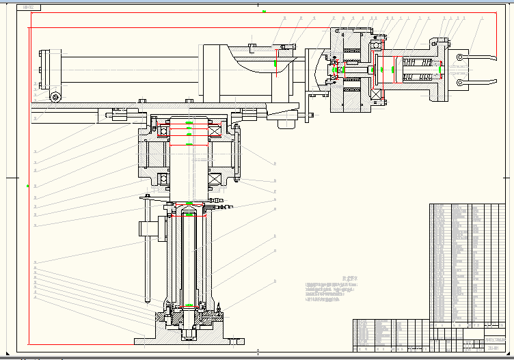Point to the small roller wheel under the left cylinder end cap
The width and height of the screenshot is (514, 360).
(x=54, y=96)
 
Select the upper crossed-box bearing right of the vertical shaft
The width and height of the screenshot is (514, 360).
(x=215, y=131)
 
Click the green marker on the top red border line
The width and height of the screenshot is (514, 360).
(x=264, y=12)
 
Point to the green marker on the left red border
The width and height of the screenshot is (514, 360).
(x=28, y=185)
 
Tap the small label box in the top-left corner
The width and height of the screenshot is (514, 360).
(x=29, y=8)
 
